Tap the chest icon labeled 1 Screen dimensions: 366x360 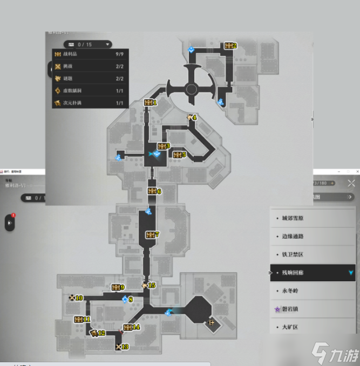(x=148, y=102)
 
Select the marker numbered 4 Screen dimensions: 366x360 (x=189, y=117)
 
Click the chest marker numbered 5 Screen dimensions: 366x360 (x=177, y=155)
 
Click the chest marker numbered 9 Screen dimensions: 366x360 (x=116, y=287)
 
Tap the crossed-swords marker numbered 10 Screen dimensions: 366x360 (x=72, y=298)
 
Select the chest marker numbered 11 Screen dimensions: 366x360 (x=79, y=319)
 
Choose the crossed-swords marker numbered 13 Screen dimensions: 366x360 (x=118, y=347)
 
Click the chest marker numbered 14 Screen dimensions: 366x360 (x=128, y=327)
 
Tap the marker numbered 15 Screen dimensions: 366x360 (x=145, y=285)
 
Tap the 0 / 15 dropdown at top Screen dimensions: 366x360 (x=87, y=44)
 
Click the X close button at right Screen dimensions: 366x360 (x=351, y=183)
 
